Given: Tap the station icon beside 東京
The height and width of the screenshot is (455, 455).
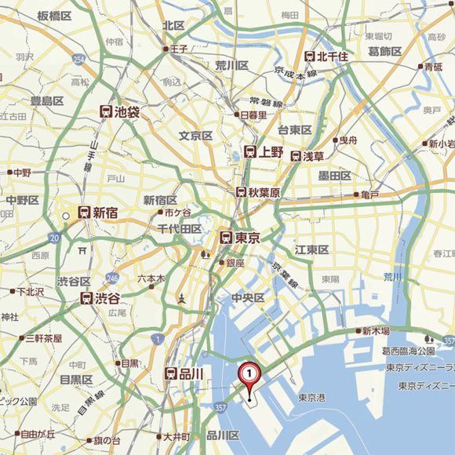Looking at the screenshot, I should pos(225,237).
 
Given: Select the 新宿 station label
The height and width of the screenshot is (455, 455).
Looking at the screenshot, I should pos(105,213).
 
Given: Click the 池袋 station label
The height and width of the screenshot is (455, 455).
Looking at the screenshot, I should pos(126,112).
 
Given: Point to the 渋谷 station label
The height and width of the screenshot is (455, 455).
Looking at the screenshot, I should pos(108,298).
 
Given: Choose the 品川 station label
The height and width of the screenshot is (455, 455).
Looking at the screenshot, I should pos(191,374).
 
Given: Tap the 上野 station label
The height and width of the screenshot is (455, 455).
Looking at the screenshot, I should pos(271,152).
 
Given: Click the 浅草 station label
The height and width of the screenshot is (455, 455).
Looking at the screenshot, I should pos(313,156).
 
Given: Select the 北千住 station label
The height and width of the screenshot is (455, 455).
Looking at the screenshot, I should pos(336,56).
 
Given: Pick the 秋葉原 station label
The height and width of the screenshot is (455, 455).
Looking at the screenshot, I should pos(264,192).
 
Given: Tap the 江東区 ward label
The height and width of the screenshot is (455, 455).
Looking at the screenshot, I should pos(311,249).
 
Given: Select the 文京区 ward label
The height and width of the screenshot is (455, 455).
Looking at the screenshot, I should pos(195,136).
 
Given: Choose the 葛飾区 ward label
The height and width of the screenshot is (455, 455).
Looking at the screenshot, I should pos(385,51).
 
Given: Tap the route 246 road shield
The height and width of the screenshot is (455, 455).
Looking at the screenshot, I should pos(113,277).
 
